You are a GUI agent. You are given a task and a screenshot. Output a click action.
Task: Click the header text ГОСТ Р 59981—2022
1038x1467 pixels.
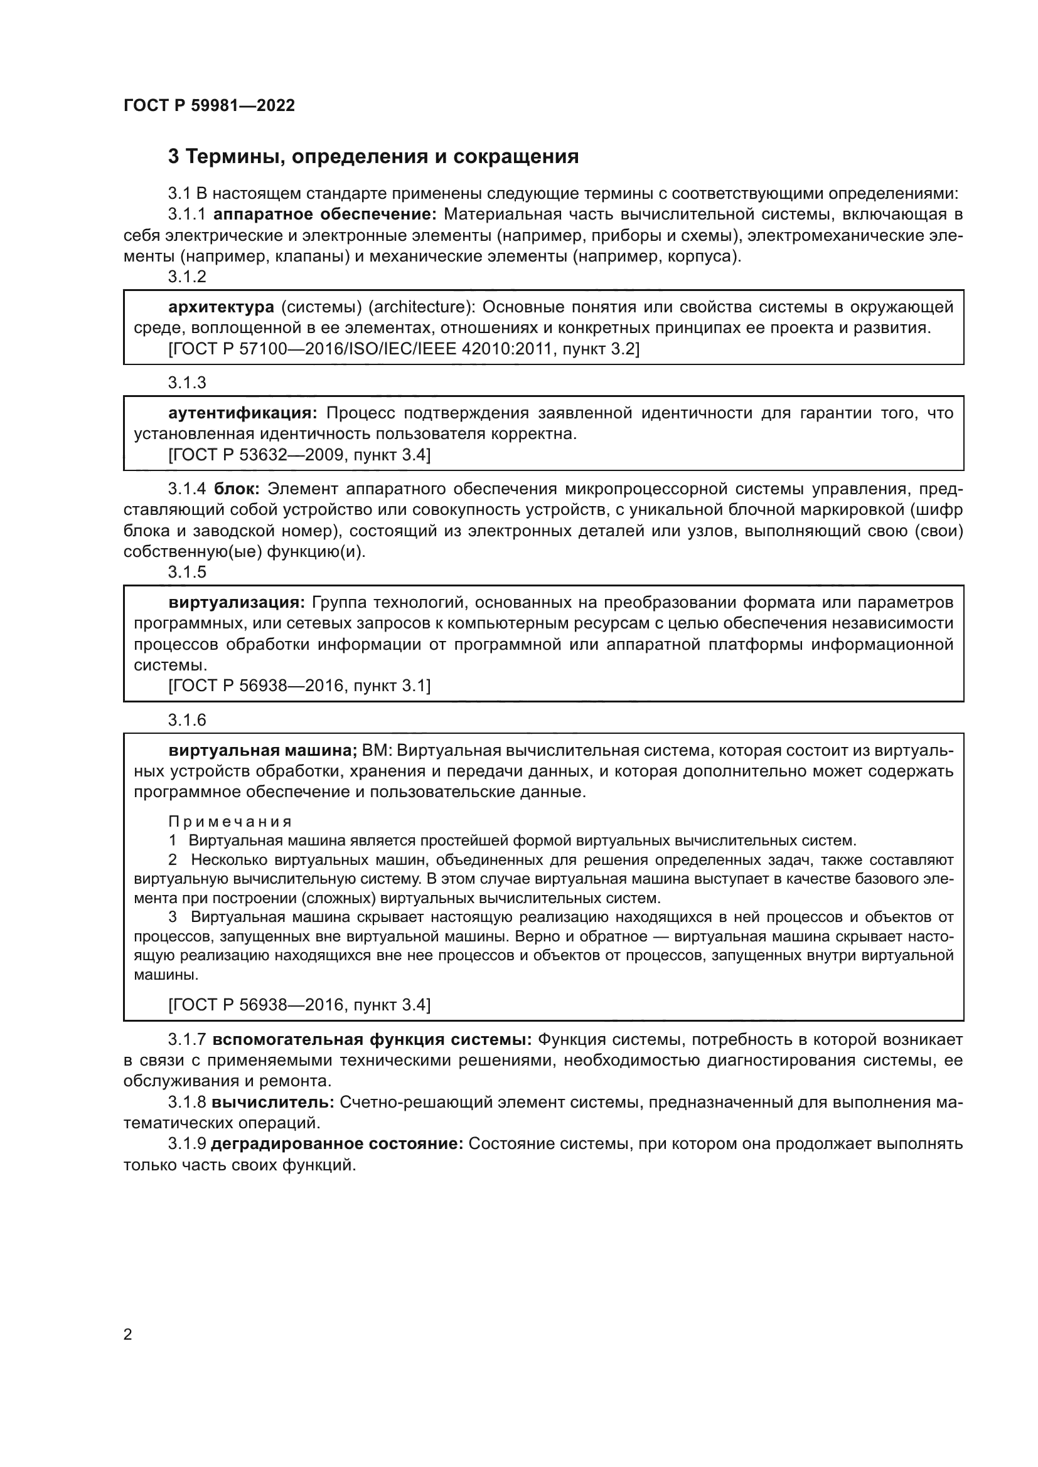(209, 106)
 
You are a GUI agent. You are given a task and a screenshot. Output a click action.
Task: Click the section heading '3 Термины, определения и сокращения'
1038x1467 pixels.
(373, 157)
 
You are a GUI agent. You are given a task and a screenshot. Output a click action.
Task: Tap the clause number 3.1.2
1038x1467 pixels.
(187, 277)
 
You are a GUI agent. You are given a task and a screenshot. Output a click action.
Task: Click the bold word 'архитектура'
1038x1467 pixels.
(221, 307)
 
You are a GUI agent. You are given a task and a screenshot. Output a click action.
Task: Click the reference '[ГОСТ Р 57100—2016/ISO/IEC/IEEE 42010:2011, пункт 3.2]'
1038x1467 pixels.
(404, 349)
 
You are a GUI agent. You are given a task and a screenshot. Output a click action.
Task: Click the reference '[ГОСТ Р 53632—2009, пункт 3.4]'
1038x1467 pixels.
(299, 455)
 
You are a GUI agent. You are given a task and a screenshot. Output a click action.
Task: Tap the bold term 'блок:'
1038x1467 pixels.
(236, 489)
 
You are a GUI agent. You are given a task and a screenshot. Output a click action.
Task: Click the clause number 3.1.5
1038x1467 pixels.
(187, 573)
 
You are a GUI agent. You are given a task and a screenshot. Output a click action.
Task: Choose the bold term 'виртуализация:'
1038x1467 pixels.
(237, 603)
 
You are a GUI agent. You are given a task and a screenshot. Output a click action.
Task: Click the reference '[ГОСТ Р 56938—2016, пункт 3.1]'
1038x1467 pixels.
(299, 686)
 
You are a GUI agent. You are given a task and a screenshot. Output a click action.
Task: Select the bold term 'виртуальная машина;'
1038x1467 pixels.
(263, 751)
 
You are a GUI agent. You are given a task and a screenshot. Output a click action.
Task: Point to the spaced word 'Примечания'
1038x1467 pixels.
(230, 822)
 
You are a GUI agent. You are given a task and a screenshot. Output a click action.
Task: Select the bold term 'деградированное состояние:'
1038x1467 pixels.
(337, 1144)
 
